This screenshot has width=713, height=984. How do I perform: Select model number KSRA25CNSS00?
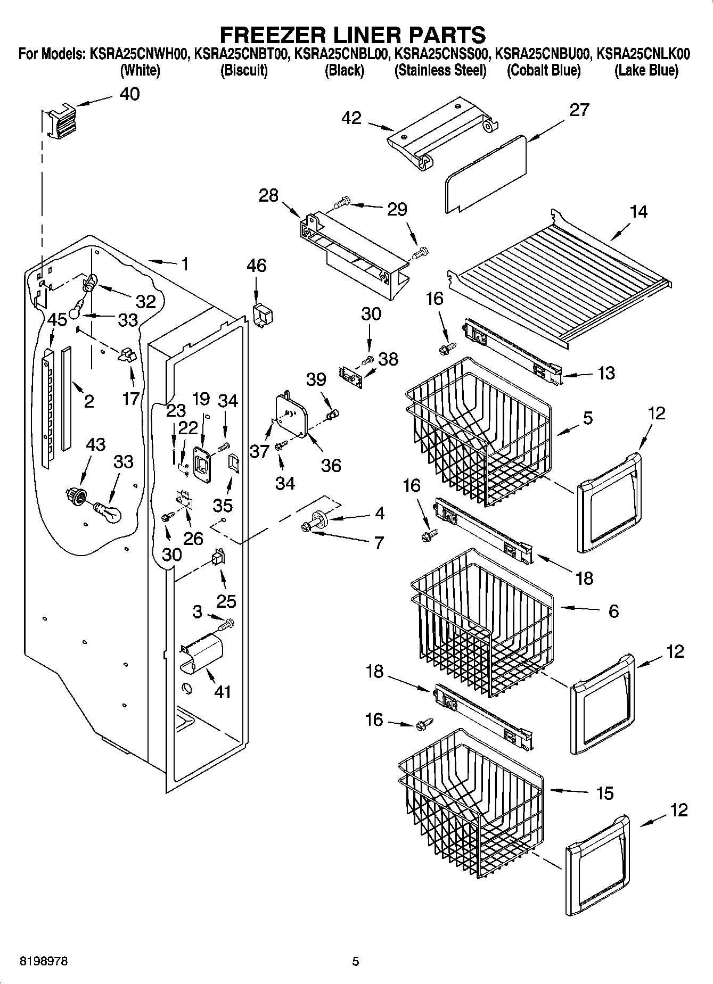[440, 54]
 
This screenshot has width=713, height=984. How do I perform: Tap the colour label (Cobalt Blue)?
[543, 70]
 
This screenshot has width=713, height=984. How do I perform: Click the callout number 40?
[129, 94]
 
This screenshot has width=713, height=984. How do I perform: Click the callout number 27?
[579, 110]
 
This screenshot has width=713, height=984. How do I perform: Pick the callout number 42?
[352, 118]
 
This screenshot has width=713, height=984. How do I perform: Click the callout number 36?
[331, 466]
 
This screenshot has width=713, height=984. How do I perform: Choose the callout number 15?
[605, 793]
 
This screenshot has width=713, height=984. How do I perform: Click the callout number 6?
[613, 611]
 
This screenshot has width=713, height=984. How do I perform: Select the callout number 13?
[605, 373]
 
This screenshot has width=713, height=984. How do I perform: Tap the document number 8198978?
[43, 961]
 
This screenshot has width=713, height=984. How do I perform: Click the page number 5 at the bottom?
[356, 961]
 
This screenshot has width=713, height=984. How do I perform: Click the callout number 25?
[226, 601]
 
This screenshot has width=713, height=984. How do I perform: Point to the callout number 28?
[268, 195]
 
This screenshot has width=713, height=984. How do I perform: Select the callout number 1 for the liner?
[184, 264]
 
